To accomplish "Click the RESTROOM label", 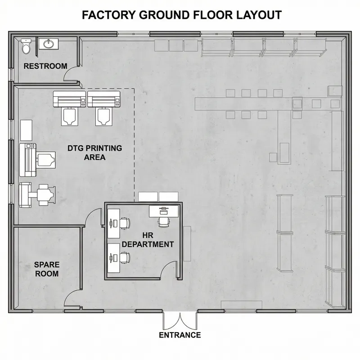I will click(x=45, y=66).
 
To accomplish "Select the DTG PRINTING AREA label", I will click(x=94, y=153).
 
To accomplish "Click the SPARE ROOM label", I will click(x=46, y=269).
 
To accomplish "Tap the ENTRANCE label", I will click(x=180, y=335).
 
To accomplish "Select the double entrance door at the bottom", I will click(x=180, y=320).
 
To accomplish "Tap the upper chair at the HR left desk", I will click(x=125, y=222).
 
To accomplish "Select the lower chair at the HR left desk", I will click(x=125, y=257).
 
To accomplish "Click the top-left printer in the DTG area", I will click(x=69, y=99).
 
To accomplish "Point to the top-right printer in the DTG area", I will click(x=103, y=99).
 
